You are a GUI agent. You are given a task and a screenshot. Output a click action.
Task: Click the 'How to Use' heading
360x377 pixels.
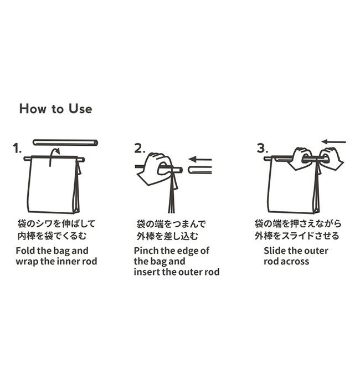[55, 109]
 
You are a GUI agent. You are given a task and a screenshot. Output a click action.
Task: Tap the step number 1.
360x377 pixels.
[17, 149]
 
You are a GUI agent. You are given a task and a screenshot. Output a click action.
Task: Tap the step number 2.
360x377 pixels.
[140, 149]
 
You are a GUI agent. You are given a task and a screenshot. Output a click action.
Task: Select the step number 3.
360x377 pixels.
[263, 148]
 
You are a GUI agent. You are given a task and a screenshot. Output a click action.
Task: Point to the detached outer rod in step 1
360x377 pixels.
[65, 142]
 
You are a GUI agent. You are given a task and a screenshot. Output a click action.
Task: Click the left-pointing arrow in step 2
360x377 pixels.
[200, 159]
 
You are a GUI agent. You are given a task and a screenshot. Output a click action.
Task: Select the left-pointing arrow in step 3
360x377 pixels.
[333, 142]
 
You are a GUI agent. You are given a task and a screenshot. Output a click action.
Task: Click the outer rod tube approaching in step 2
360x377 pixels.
[200, 170]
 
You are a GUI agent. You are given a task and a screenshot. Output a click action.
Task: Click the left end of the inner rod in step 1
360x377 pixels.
[25, 159]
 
